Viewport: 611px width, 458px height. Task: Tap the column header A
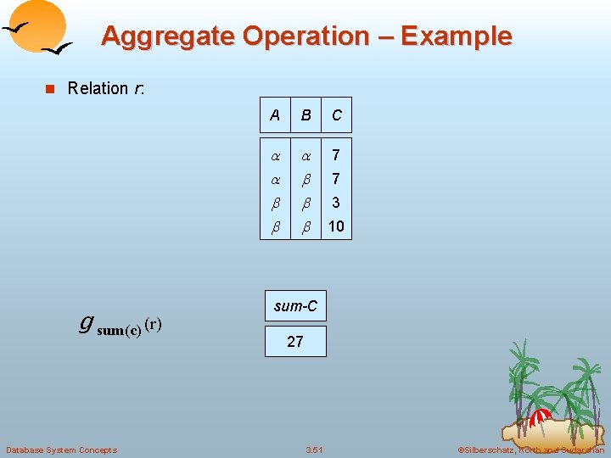(x=274, y=114)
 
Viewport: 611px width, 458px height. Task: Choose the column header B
(x=305, y=114)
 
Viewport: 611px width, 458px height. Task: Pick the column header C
(x=337, y=114)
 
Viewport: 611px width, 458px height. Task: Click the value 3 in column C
(x=337, y=203)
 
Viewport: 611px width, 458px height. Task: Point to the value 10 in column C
(x=337, y=226)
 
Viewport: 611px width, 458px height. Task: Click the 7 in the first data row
(x=337, y=155)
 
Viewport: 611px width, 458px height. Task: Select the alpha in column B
(x=305, y=155)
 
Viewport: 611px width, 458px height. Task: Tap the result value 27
(x=295, y=342)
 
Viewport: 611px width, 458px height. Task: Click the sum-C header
(x=295, y=306)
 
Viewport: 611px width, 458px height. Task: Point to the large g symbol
(x=86, y=323)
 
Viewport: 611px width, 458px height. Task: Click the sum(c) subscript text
(x=119, y=331)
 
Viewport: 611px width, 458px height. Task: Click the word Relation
(x=98, y=88)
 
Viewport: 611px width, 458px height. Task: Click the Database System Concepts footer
(x=61, y=450)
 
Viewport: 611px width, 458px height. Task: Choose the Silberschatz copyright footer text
(x=530, y=450)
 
